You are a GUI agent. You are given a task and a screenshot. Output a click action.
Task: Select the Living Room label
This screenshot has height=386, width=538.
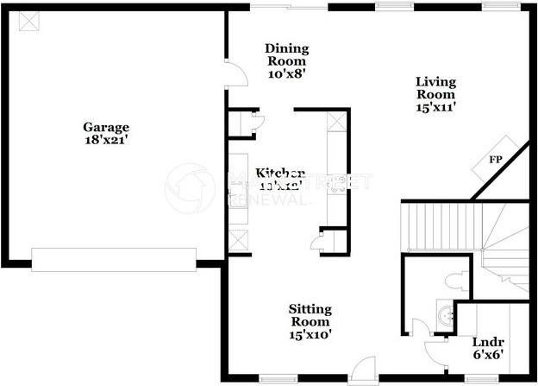coord(435,88)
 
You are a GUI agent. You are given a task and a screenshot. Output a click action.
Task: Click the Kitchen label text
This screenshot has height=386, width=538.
coord(280,173)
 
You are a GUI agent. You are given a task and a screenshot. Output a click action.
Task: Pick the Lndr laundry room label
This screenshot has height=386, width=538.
coord(487,339)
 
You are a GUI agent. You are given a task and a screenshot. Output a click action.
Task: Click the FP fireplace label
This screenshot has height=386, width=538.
coord(496,160)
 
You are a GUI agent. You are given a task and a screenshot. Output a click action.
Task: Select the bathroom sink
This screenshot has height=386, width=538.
coord(445,316)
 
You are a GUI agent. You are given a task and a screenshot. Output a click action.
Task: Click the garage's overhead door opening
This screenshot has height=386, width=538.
coord(114,258)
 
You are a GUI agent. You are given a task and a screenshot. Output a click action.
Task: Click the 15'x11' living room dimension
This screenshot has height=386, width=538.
coord(435,107)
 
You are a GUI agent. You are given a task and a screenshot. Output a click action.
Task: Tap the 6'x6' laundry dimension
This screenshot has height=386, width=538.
coord(487,354)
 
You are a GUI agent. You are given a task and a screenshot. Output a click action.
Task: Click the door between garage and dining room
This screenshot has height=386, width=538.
coord(231,72)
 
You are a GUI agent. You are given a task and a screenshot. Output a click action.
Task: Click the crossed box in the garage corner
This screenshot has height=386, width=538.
coord(28,21)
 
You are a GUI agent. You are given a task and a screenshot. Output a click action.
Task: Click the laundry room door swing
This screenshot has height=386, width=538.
coord(434,350)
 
